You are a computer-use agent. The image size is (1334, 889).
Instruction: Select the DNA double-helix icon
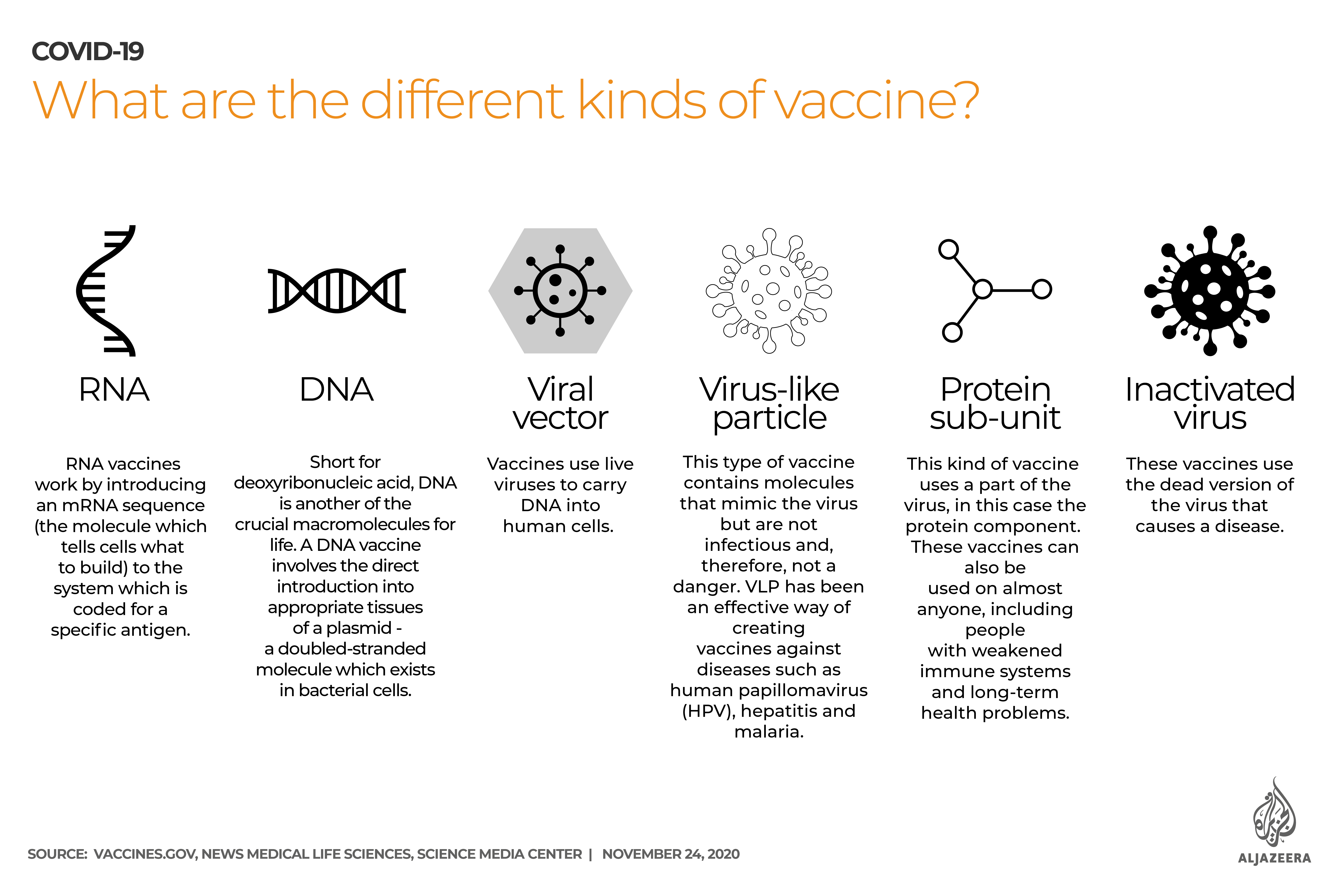click(x=337, y=290)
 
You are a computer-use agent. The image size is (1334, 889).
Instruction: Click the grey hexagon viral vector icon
click(x=560, y=290)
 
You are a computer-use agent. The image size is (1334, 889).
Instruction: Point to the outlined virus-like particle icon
click(x=769, y=290)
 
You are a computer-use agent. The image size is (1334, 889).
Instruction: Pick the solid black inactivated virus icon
click(x=1210, y=290)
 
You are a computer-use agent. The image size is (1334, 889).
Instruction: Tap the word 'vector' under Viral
click(x=560, y=418)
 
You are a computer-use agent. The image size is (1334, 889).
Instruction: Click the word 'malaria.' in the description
click(x=769, y=732)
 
